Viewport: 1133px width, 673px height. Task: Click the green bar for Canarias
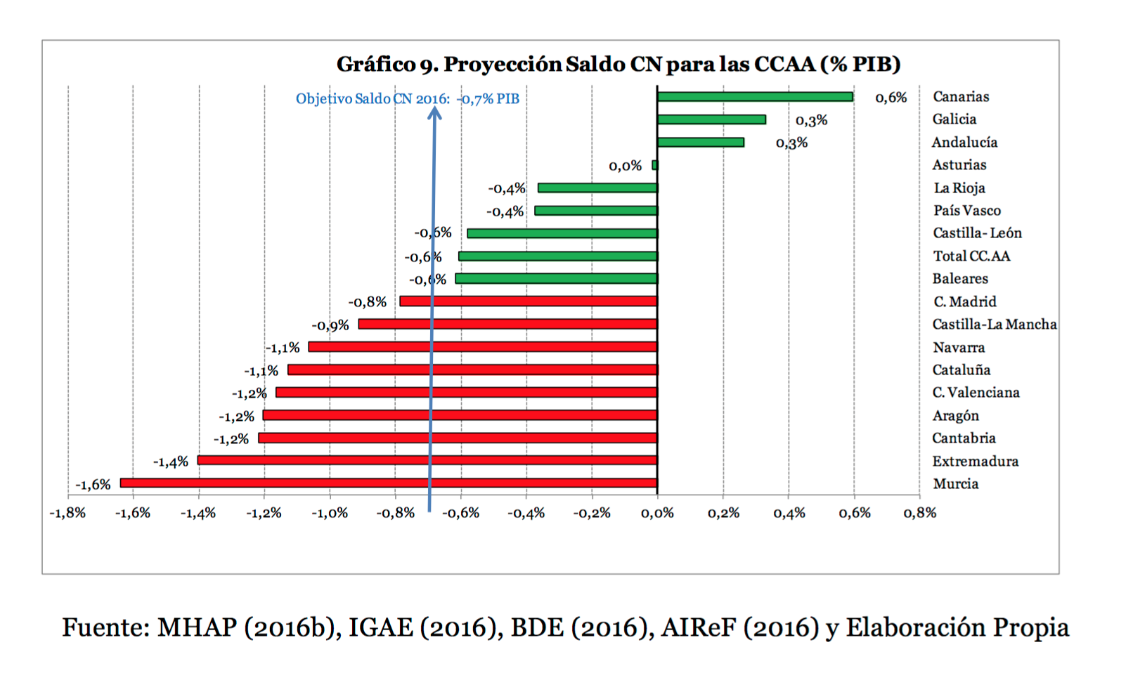(x=755, y=97)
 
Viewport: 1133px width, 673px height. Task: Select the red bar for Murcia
(x=389, y=483)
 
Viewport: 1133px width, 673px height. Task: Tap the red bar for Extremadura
(x=427, y=460)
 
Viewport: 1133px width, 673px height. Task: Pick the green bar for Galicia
(x=711, y=119)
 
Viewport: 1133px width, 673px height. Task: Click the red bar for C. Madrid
(x=529, y=301)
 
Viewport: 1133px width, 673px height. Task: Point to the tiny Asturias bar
(x=655, y=165)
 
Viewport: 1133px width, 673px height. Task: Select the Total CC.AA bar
(x=558, y=256)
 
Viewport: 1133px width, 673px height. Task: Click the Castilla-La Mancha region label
(x=994, y=325)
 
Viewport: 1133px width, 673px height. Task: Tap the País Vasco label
(x=966, y=211)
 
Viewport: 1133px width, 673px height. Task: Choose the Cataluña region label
(x=961, y=370)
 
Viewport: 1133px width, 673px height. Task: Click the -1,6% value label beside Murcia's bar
(x=93, y=485)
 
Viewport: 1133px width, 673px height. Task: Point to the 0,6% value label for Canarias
(x=891, y=98)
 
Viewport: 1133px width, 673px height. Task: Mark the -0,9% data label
(x=330, y=326)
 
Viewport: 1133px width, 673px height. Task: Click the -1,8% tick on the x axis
(x=67, y=514)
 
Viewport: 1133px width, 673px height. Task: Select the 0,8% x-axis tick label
(x=919, y=514)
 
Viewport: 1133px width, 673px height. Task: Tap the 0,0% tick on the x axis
(x=657, y=514)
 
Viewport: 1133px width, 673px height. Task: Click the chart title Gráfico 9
(x=619, y=64)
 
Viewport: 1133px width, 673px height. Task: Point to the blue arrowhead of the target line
(x=435, y=112)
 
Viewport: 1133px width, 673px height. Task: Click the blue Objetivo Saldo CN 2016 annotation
(x=407, y=99)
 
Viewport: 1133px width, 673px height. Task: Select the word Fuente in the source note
(x=105, y=627)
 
